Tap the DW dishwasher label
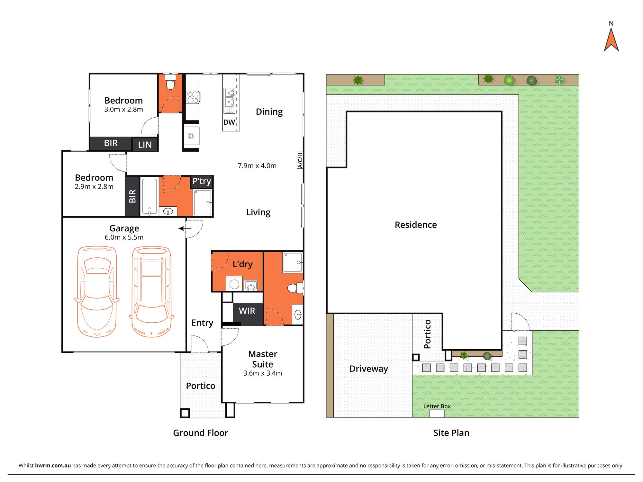[229, 122]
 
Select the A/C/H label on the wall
[300, 160]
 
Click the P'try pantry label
[202, 182]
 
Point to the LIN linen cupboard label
[145, 145]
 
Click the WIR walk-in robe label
[247, 311]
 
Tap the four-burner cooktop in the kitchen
[193, 97]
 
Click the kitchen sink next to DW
[230, 101]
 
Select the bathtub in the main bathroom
[149, 196]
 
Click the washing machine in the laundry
[234, 284]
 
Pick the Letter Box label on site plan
[437, 406]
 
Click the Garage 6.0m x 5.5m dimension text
[124, 237]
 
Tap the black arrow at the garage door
[185, 228]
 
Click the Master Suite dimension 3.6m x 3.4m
[263, 373]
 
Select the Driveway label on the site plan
[369, 369]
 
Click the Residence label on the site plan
[416, 225]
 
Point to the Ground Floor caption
[201, 433]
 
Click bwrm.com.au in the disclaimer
[53, 465]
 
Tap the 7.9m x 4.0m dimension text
[257, 166]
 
